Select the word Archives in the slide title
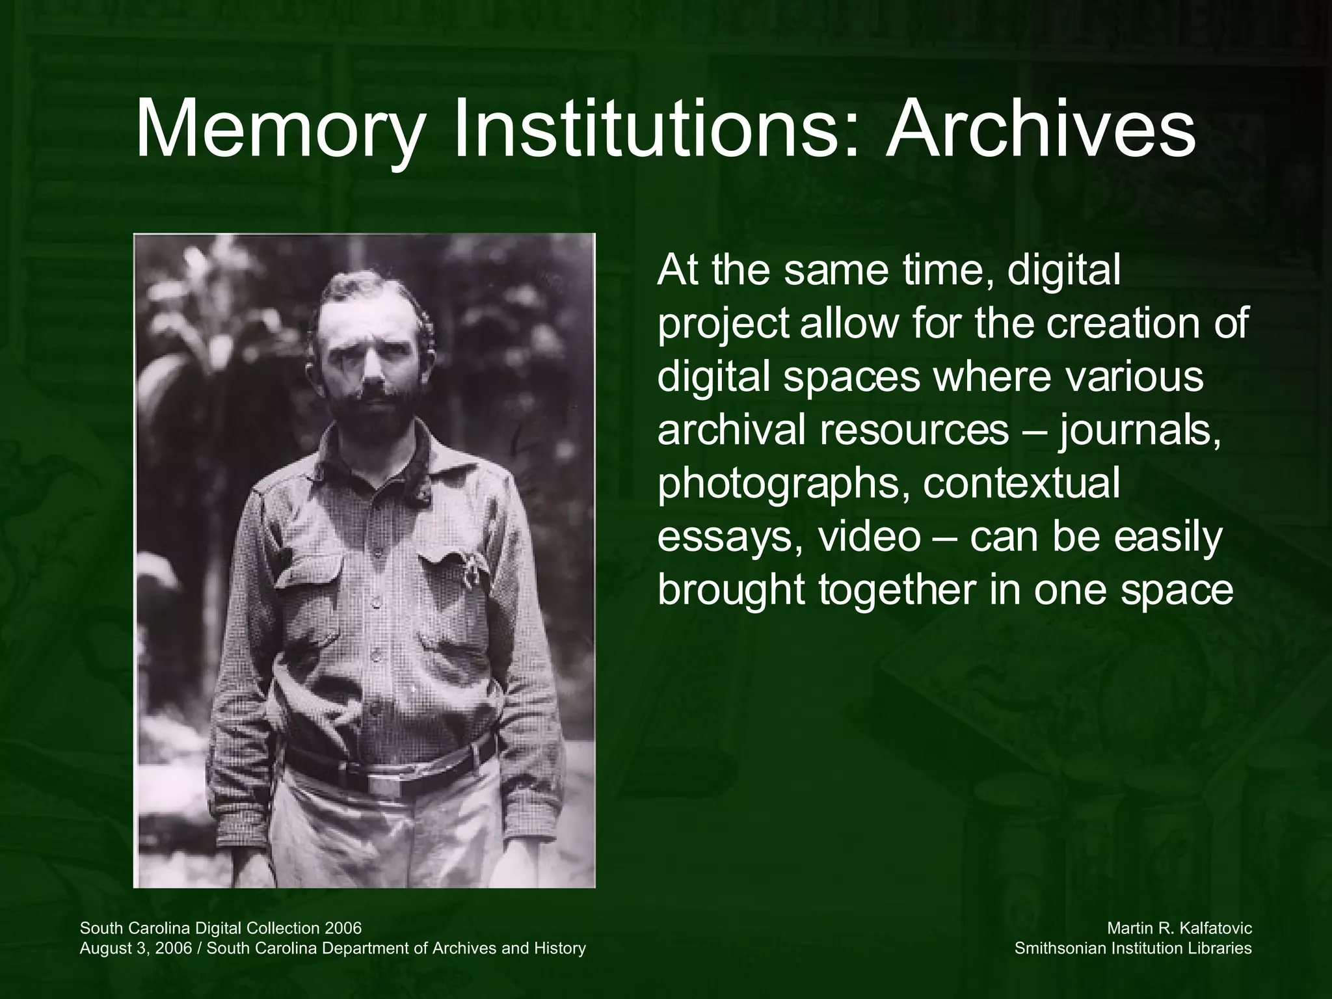coord(1040,130)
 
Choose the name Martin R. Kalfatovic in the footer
coord(1179,928)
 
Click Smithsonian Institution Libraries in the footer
coord(1133,948)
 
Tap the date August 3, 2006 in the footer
coord(136,949)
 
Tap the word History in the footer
coord(559,948)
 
